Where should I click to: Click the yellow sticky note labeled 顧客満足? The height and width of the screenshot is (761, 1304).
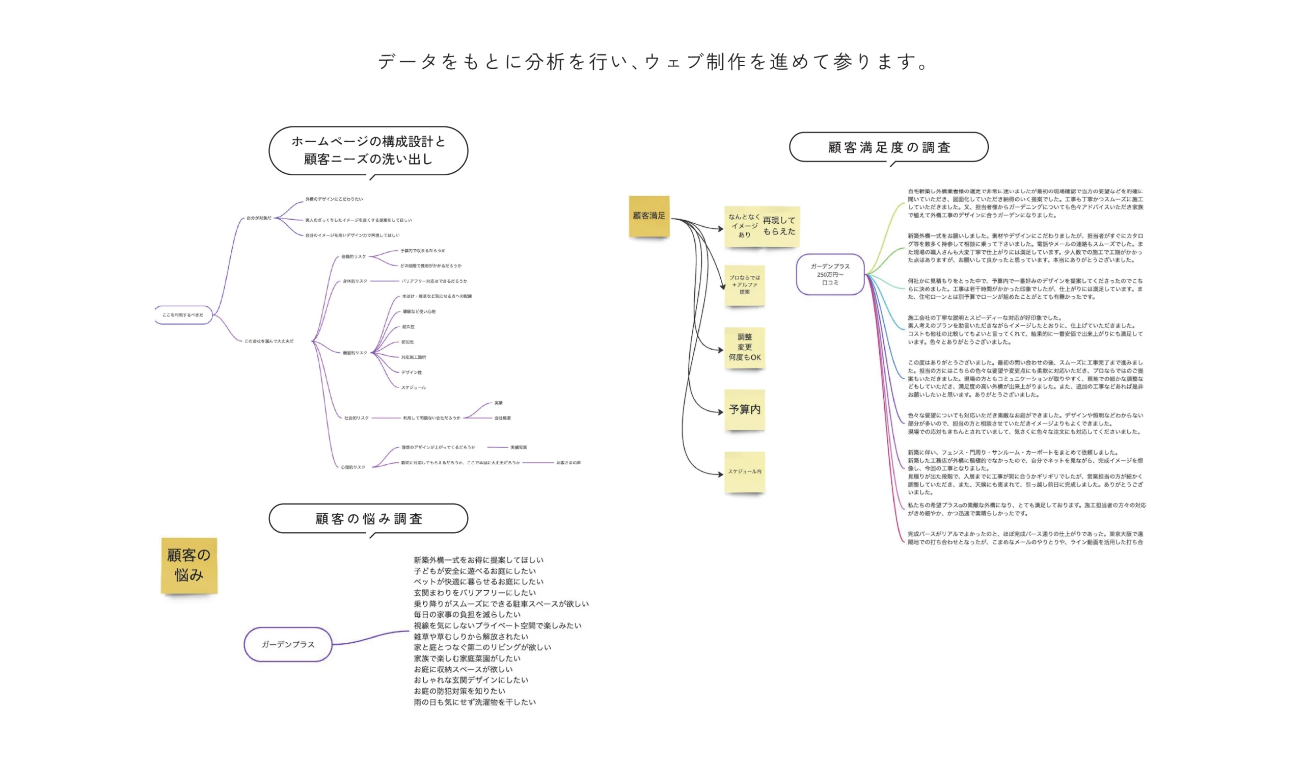click(x=649, y=216)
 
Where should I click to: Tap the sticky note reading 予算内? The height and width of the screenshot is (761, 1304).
click(x=745, y=409)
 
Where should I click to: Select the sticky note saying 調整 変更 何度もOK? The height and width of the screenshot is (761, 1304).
click(x=745, y=347)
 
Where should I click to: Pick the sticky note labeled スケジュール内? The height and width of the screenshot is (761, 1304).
click(x=745, y=471)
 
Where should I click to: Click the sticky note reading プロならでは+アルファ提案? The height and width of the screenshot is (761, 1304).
click(x=745, y=285)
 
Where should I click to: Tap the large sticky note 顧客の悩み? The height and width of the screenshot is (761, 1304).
click(x=189, y=565)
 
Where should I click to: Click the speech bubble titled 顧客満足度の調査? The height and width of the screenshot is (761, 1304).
click(x=888, y=147)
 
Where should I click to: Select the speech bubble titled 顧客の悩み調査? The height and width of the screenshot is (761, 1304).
click(x=368, y=519)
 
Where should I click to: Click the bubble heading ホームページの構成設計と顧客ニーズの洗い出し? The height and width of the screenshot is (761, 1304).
click(x=368, y=150)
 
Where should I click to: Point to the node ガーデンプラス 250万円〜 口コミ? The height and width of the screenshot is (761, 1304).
click(x=830, y=274)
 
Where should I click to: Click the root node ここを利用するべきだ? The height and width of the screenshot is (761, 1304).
click(x=183, y=315)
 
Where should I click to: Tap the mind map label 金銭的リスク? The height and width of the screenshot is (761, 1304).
click(x=354, y=257)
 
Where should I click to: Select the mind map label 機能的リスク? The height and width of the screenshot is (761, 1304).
click(x=355, y=353)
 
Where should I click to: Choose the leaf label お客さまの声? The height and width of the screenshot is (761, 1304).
click(x=568, y=463)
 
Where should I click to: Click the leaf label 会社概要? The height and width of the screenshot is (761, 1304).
click(x=502, y=418)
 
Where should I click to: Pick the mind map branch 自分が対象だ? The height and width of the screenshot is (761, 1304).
click(x=259, y=219)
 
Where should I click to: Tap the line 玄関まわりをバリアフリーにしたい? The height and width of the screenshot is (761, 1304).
click(x=475, y=593)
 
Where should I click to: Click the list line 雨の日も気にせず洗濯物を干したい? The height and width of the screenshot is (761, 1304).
click(x=475, y=702)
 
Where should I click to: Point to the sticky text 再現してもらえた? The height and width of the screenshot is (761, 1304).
click(x=779, y=226)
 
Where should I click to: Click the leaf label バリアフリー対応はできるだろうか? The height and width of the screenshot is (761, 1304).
click(x=434, y=281)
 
